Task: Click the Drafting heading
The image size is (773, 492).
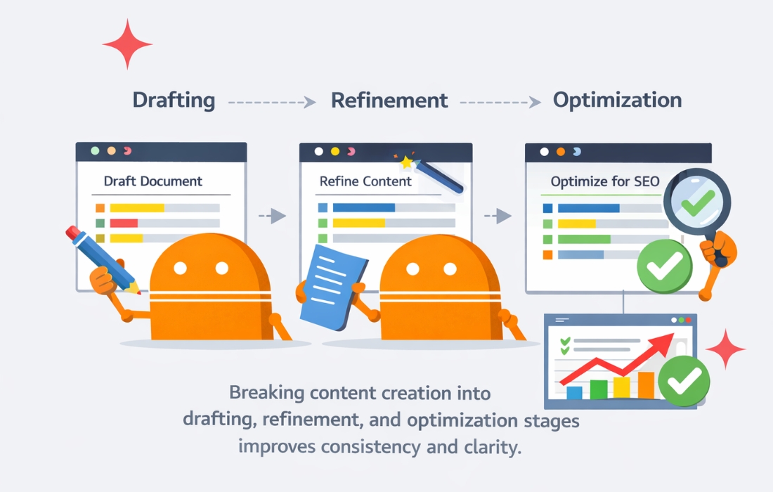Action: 174,101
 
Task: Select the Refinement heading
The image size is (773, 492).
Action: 389,101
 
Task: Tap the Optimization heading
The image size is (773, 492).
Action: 617,101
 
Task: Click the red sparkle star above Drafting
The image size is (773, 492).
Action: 127,44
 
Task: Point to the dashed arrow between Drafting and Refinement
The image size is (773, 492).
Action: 272,102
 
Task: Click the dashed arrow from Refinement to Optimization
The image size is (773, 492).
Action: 500,102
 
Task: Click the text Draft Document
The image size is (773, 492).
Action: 152,181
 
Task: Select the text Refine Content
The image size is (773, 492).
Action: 365,181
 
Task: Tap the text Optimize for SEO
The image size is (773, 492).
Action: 605,181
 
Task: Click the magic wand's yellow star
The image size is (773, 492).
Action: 406,162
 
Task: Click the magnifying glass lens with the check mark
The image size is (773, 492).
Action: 697,202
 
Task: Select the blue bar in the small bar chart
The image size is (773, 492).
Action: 574,392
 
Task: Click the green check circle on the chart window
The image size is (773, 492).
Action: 684,381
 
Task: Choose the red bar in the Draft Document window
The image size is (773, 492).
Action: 124,224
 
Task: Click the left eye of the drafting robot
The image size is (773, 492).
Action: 181,268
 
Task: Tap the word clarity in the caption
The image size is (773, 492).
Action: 493,446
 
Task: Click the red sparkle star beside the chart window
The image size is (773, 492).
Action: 725,349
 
